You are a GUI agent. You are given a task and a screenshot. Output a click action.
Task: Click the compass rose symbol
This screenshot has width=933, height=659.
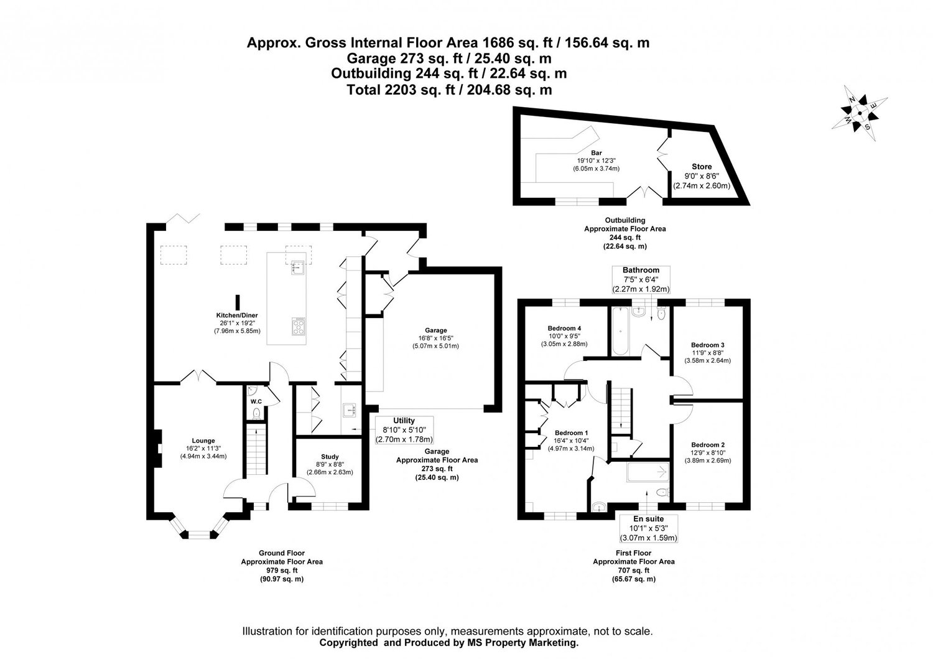(860, 113)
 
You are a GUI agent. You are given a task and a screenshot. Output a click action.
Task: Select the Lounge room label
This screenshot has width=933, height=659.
(203, 441)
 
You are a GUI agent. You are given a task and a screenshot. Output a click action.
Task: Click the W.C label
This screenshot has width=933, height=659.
(256, 401)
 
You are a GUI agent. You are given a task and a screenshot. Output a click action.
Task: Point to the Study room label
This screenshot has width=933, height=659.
(329, 456)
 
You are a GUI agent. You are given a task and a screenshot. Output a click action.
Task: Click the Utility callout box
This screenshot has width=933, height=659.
(404, 430)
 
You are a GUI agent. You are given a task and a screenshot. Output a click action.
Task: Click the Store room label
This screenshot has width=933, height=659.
(702, 167)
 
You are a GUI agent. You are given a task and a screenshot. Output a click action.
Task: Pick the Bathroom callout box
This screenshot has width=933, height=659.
(641, 279)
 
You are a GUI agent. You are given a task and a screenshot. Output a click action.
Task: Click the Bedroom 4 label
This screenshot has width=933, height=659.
(564, 328)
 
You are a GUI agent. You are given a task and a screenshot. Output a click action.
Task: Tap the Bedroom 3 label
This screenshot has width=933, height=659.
(707, 345)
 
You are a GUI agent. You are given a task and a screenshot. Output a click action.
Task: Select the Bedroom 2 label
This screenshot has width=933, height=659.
(707, 445)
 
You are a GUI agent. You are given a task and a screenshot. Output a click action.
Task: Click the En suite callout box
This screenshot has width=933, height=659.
(648, 528)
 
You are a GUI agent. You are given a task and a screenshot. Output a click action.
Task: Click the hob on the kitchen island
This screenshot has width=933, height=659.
(299, 326)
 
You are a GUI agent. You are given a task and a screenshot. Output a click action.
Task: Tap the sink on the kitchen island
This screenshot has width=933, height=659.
(296, 269)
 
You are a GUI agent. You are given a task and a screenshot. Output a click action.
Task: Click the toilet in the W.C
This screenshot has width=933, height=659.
(256, 412)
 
